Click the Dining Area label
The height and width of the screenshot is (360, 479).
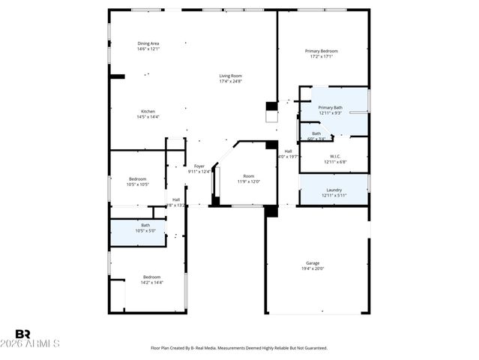click(148, 43)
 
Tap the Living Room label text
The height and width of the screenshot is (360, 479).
click(230, 76)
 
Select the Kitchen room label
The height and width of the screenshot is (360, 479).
click(148, 111)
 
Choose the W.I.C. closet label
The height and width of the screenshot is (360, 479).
click(334, 157)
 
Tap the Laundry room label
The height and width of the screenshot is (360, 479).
click(334, 190)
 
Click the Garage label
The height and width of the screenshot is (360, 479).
click(313, 263)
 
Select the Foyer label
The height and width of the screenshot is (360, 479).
click(199, 166)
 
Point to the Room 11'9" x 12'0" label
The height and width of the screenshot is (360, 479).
click(248, 175)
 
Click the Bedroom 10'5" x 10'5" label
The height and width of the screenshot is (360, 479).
click(137, 178)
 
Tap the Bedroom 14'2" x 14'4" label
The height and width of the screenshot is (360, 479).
click(152, 277)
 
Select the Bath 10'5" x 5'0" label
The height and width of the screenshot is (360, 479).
click(145, 225)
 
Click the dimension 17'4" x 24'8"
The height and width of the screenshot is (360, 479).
click(230, 81)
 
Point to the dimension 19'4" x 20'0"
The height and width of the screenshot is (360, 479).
click(313, 268)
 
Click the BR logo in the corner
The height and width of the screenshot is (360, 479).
click(23, 334)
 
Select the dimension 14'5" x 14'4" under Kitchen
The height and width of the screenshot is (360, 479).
click(148, 116)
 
